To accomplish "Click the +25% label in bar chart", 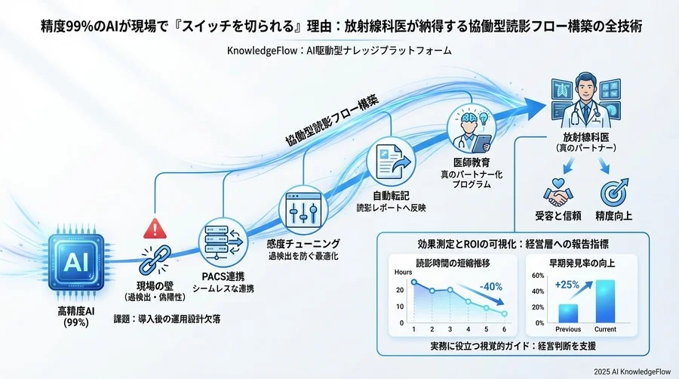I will point(567,285).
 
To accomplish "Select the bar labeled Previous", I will point(568,313).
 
